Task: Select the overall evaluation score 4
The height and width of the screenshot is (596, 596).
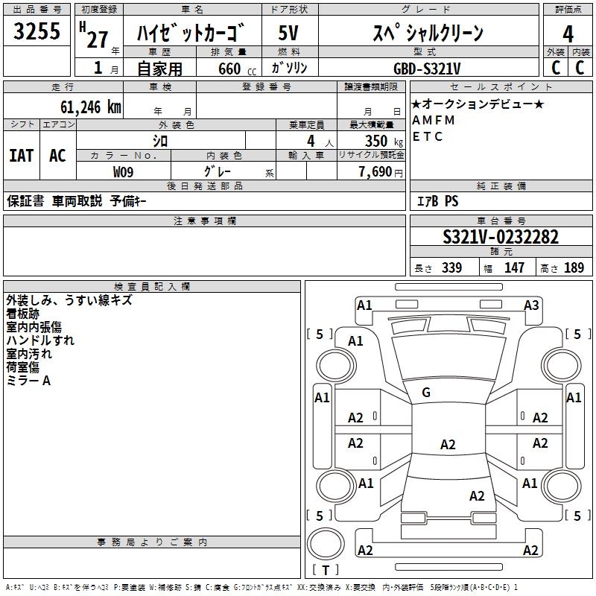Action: coord(568,34)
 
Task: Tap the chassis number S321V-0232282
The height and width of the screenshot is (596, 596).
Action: coord(501,238)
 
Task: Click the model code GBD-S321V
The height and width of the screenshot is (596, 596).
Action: coord(428,68)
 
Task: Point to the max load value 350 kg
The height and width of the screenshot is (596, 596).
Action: coord(377,141)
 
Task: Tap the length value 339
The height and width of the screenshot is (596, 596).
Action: coord(451,268)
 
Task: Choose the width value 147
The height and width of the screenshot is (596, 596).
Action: coord(514,268)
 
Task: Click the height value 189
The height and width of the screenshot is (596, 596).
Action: coord(574,268)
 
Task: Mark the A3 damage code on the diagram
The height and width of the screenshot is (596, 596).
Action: coord(531,305)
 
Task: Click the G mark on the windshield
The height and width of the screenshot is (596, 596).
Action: coord(426,393)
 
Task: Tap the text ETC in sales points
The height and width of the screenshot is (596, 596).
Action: coord(428,136)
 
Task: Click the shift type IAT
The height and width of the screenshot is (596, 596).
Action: coord(21,156)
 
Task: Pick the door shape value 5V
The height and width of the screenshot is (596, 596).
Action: coord(289,34)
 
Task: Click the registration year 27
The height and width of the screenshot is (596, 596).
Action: coord(97,39)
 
